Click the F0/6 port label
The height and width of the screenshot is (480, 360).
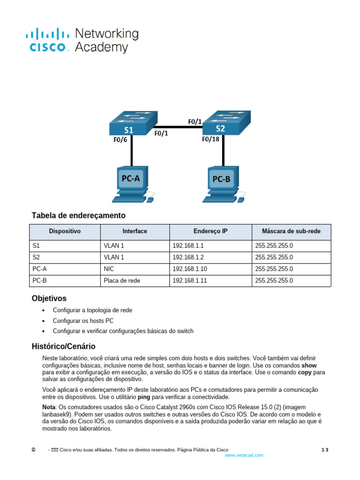tap(120, 139)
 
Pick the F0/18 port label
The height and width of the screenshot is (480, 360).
tap(211, 139)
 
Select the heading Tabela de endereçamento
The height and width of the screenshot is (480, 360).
tap(79, 216)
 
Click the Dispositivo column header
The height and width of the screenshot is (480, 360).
tap(65, 232)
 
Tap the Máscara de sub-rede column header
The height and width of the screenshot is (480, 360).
tap(291, 232)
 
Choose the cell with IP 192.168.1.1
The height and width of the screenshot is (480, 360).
tap(188, 245)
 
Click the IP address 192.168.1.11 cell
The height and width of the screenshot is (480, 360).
tap(189, 281)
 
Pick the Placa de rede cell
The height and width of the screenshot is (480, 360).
tap(122, 281)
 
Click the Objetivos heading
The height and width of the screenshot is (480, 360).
tap(49, 299)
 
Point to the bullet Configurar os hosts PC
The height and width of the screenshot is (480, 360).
tap(83, 321)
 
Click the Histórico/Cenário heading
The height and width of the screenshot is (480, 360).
tap(63, 347)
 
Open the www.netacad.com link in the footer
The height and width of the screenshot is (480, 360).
tap(244, 455)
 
